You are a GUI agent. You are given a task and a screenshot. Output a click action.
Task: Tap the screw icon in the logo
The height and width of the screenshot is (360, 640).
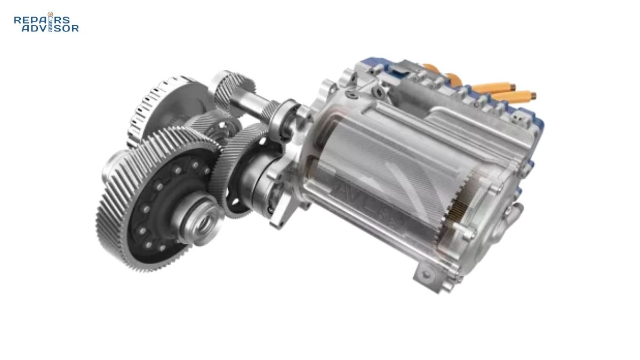click(51, 21)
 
